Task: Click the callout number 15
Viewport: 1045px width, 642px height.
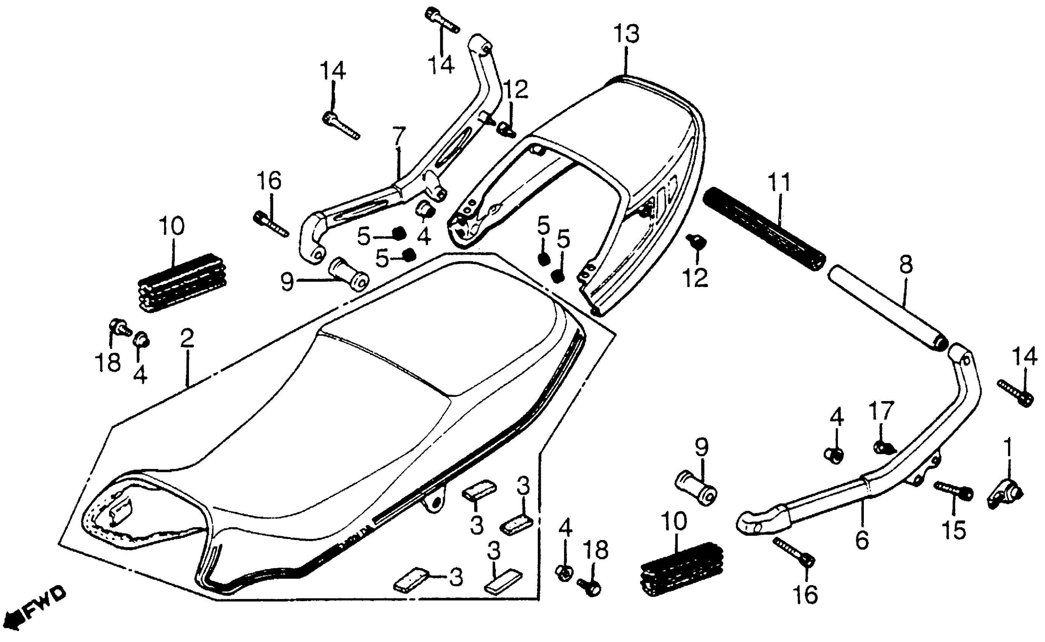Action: point(953,529)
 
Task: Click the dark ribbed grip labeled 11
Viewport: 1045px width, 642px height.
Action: point(764,233)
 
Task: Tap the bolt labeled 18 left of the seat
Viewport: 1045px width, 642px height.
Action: point(120,327)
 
